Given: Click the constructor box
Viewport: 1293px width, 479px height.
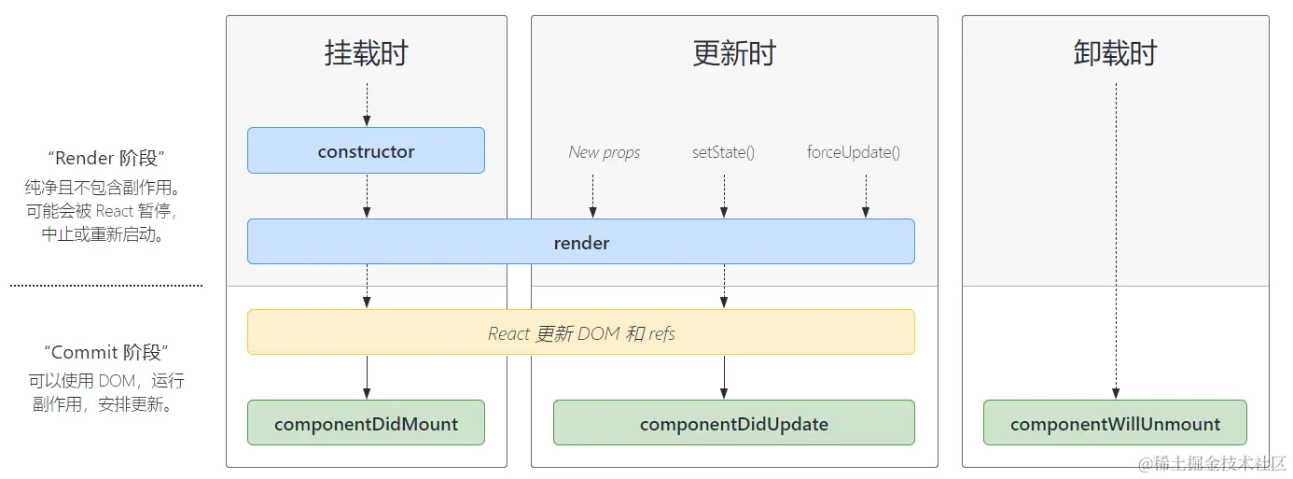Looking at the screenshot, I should (366, 151).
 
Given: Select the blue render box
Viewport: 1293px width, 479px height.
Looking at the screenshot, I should (580, 243).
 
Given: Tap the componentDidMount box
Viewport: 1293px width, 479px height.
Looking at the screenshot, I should (366, 423).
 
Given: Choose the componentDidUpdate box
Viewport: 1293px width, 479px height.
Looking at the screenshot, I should (733, 423).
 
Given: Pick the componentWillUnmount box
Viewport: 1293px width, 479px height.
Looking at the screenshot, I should (1115, 423).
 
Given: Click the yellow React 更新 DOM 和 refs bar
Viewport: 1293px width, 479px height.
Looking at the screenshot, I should (580, 332).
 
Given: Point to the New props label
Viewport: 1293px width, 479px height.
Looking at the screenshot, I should (605, 152).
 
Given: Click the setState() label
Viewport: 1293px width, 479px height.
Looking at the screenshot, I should (723, 152).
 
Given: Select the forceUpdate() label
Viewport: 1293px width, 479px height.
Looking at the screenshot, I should (853, 152).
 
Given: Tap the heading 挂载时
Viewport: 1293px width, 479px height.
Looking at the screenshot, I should (366, 53).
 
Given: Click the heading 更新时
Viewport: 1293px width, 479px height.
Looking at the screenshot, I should (733, 53).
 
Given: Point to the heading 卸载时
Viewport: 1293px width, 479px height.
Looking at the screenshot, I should (1115, 53).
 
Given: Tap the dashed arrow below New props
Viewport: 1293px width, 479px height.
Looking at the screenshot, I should (592, 196).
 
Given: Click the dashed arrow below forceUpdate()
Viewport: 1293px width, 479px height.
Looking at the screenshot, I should (866, 196).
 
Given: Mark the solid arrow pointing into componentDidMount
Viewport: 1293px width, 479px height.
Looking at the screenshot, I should (367, 377).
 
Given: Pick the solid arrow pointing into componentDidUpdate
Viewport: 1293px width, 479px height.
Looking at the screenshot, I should (723, 377).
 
